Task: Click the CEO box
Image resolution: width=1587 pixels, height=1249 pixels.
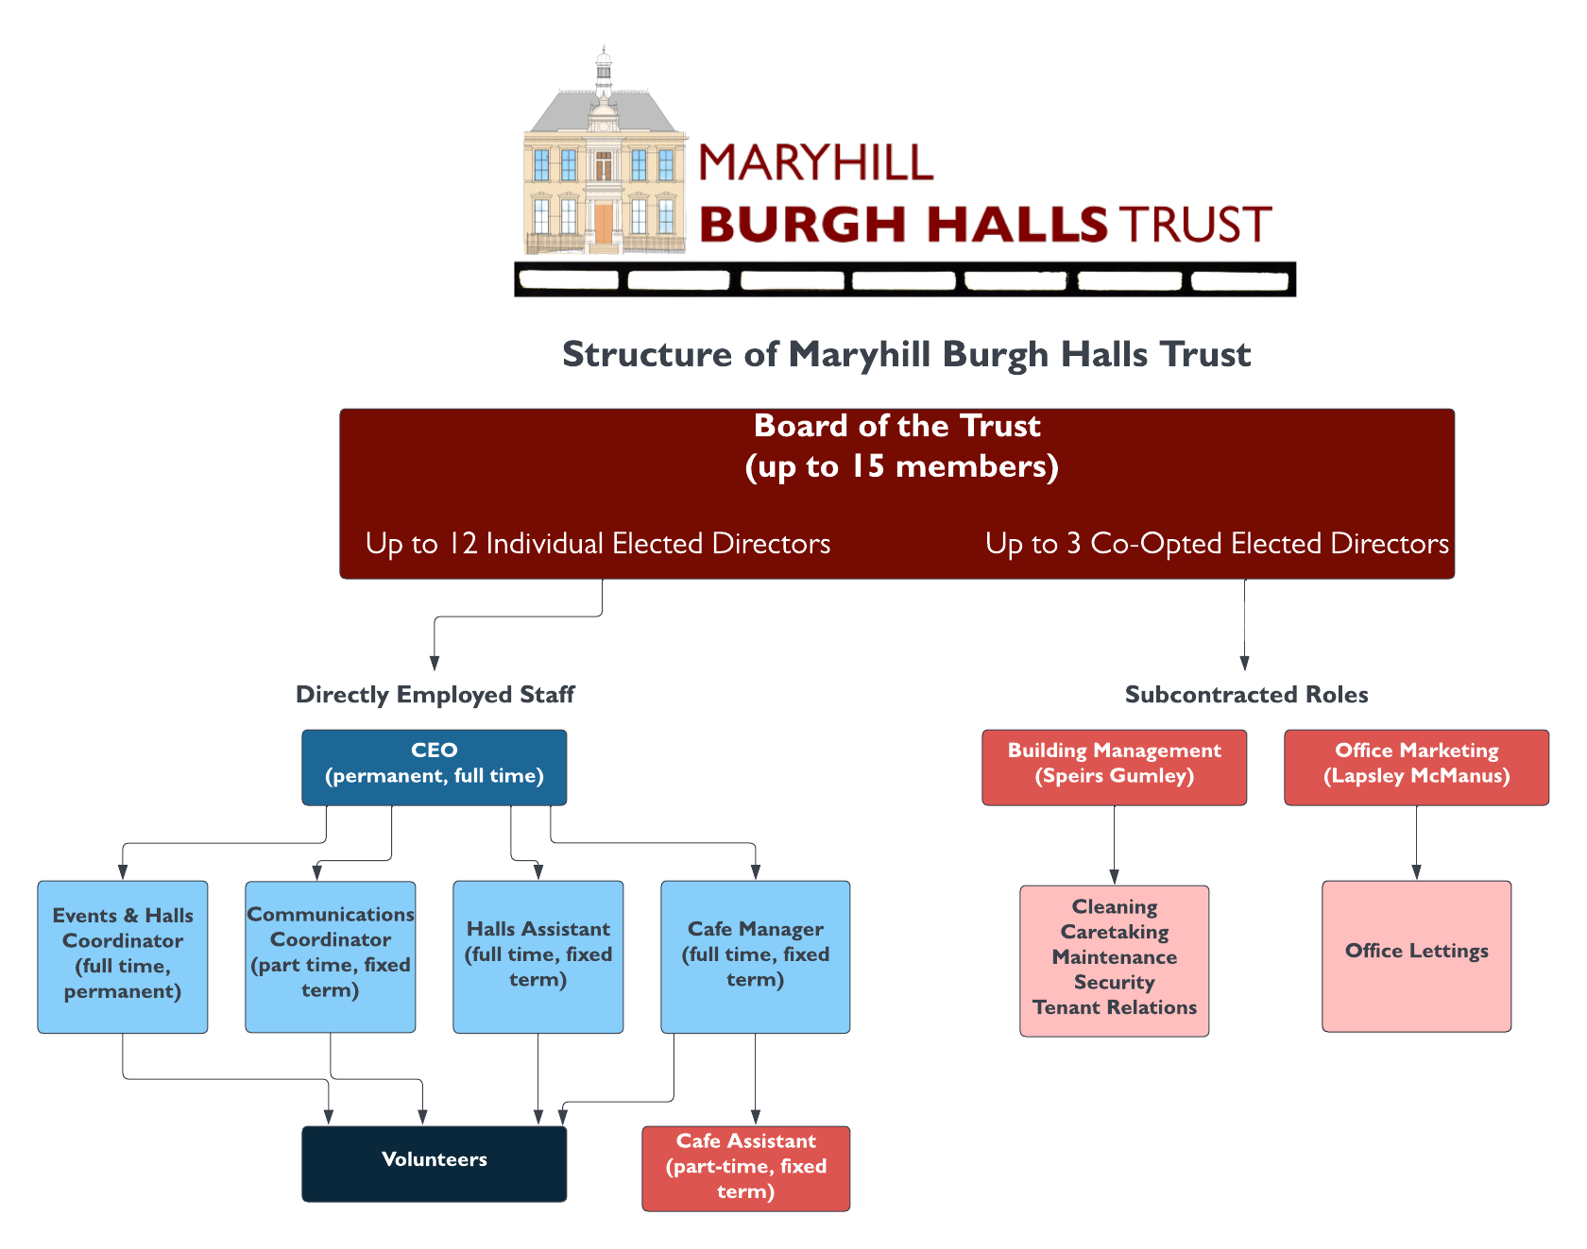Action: tap(434, 766)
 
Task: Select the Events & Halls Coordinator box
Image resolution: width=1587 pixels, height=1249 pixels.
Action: tap(123, 955)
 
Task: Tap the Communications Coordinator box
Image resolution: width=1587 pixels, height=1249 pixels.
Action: tap(330, 955)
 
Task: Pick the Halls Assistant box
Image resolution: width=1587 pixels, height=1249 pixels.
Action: tap(538, 955)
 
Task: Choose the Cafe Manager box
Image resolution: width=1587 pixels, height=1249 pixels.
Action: tap(755, 955)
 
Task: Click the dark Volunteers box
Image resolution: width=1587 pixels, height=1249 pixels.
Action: tap(434, 1162)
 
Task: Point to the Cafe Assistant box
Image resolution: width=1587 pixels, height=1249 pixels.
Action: tap(745, 1168)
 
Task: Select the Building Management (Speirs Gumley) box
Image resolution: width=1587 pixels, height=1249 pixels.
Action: tap(1114, 766)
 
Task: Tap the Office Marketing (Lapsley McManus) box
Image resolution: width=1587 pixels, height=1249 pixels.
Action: tap(1416, 766)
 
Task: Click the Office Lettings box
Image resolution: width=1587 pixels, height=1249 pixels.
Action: tap(1416, 954)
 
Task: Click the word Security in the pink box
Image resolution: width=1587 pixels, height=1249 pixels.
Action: tap(1115, 983)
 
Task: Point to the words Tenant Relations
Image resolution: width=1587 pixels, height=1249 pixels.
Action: tap(1115, 1008)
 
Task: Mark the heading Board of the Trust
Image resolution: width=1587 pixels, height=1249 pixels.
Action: tap(896, 427)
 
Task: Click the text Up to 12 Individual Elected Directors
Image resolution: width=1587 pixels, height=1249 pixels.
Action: tap(598, 544)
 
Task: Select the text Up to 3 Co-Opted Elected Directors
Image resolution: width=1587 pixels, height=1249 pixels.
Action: tap(1217, 544)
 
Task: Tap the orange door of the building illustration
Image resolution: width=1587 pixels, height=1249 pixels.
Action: tap(604, 225)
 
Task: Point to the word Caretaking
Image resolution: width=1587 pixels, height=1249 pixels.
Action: tap(1115, 933)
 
